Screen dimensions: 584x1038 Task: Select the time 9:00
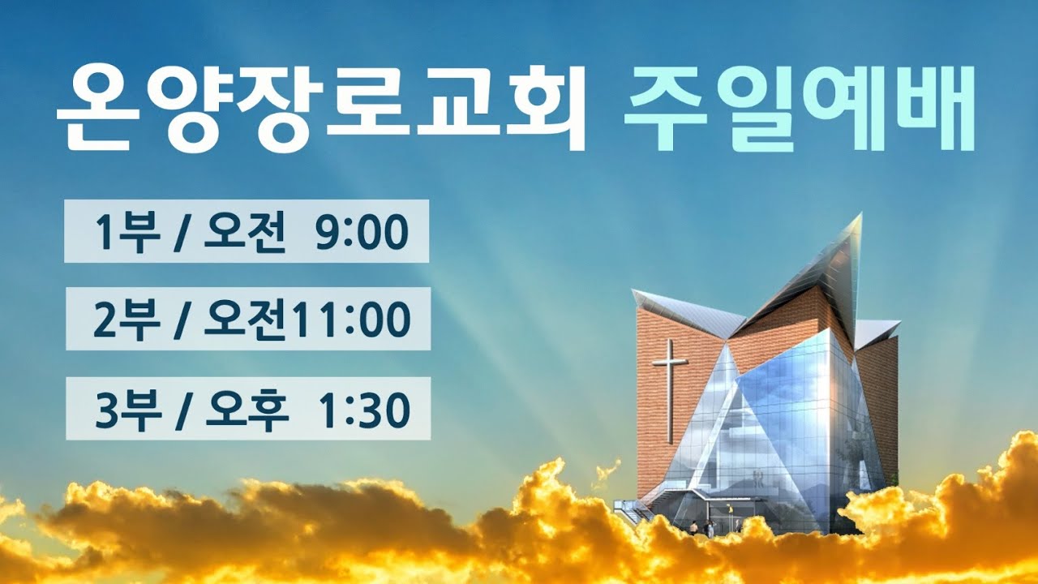[362, 234]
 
